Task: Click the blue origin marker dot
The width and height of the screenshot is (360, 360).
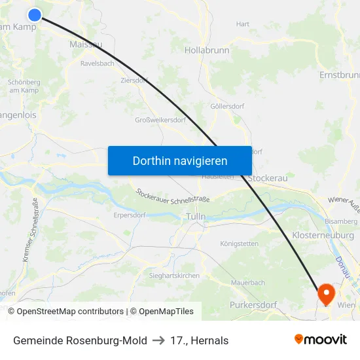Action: (x=35, y=14)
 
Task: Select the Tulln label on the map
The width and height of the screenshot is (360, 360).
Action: (x=196, y=216)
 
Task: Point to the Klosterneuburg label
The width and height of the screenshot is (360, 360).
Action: (x=323, y=234)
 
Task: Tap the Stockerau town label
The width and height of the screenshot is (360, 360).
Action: (x=268, y=177)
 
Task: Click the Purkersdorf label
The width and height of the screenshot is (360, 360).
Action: (x=253, y=305)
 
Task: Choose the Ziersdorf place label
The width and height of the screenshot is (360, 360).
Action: (x=134, y=81)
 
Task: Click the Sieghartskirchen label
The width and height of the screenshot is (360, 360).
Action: (x=174, y=276)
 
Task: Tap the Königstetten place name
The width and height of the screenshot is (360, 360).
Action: (x=239, y=243)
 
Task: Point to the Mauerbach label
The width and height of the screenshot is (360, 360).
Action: (x=248, y=283)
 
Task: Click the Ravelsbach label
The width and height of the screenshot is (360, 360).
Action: (x=97, y=64)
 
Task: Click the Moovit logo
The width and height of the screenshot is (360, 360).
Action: (x=321, y=340)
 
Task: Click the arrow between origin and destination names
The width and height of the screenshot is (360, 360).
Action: (x=158, y=340)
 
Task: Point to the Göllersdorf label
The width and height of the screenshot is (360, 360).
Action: (x=227, y=106)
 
